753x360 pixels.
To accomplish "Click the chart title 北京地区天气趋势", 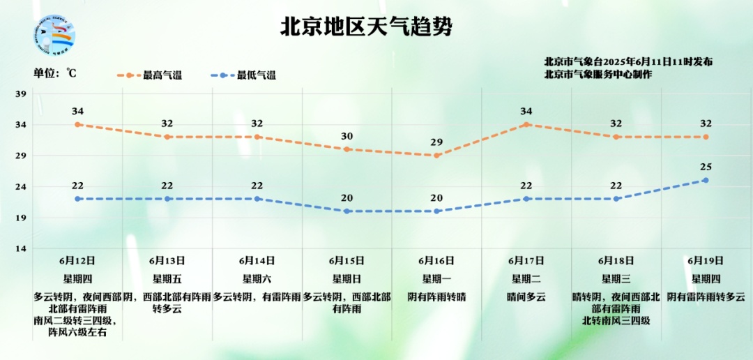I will click(366, 27).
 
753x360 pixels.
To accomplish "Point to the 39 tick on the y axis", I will click(21, 94).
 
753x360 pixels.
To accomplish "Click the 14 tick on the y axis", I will click(21, 249).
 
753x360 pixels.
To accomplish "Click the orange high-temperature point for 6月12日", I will click(78, 124).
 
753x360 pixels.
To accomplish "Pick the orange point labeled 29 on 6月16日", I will click(436, 155).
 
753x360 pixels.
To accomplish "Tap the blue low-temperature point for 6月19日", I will click(706, 180).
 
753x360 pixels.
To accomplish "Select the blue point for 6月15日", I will click(347, 211).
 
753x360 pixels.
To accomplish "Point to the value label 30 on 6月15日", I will click(347, 136).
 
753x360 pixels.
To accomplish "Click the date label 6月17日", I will click(526, 261).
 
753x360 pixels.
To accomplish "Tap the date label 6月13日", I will click(167, 261).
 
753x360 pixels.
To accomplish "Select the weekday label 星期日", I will click(347, 278).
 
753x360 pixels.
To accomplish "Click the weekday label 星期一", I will click(436, 278).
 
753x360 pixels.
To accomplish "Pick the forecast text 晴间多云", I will click(526, 297).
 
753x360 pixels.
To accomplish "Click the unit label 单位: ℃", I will click(54, 73).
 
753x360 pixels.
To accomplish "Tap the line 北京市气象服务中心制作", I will click(598, 74).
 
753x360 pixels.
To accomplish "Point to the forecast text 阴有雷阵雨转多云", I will click(706, 297).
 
